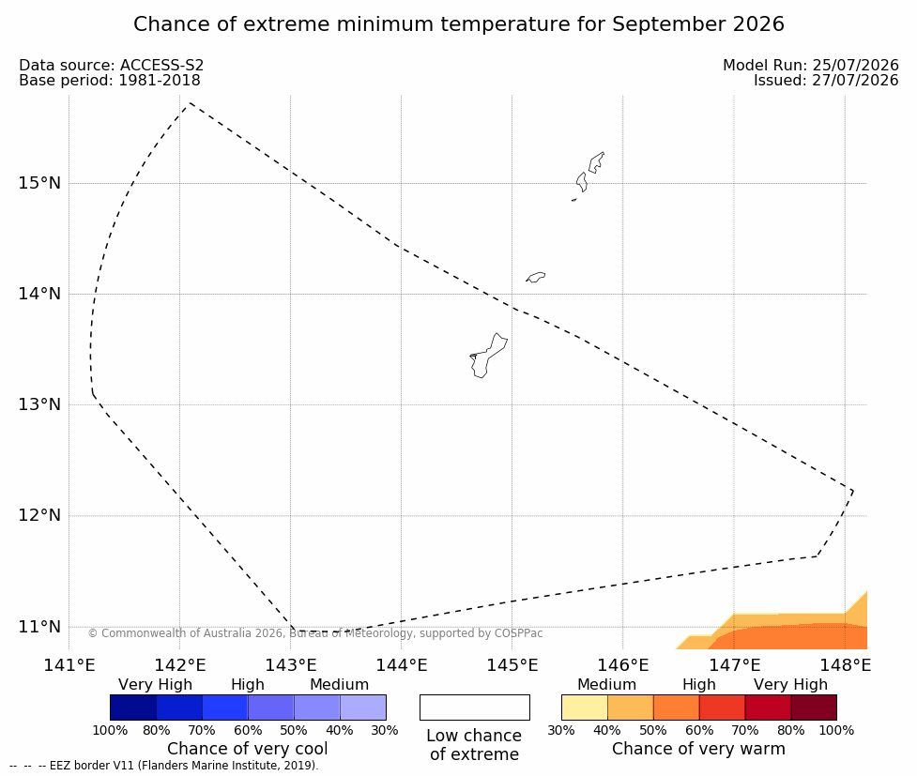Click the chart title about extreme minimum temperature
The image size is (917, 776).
coord(458,24)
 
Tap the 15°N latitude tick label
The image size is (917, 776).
coord(39,183)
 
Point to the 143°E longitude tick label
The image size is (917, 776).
coord(291,665)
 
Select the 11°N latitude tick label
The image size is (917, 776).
coord(39,627)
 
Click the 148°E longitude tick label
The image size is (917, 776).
coord(845,665)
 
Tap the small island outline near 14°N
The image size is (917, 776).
coord(536,277)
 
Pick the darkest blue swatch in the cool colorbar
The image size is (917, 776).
coord(133,708)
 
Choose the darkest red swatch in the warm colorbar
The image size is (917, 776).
coord(814,708)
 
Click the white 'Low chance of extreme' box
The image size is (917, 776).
coord(475,708)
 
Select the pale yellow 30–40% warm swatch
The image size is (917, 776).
coord(585,708)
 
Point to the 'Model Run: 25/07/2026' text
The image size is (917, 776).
coord(811,65)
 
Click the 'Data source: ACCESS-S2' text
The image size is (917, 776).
coord(111,65)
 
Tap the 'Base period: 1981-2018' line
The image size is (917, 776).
coord(110,80)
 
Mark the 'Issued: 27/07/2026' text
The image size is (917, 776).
coord(826,80)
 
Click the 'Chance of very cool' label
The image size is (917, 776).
coord(248,749)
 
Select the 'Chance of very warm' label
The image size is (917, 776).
coord(698,749)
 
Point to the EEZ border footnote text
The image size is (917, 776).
coord(164,766)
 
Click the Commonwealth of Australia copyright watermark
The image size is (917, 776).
coord(315,633)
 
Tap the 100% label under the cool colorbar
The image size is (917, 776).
coord(110,730)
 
